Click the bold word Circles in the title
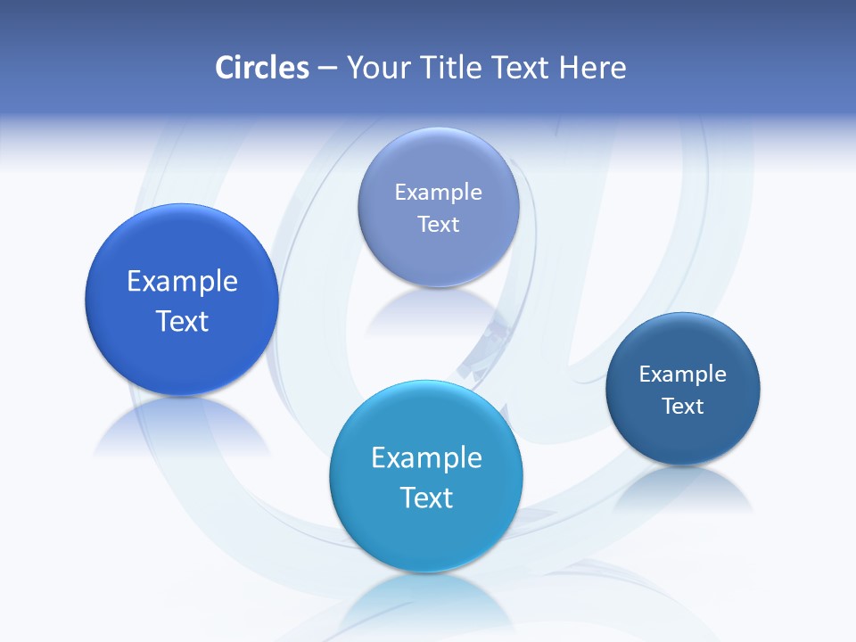point(262,68)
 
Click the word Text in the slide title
point(522,68)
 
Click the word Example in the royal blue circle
point(182,282)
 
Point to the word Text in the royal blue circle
point(182,321)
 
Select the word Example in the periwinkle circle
point(438,193)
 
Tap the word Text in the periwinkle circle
point(438,225)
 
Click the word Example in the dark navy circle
point(683,374)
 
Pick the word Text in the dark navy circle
point(683,407)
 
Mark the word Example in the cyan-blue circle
point(426,458)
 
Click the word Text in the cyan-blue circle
point(426,498)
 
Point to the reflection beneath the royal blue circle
point(182,428)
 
